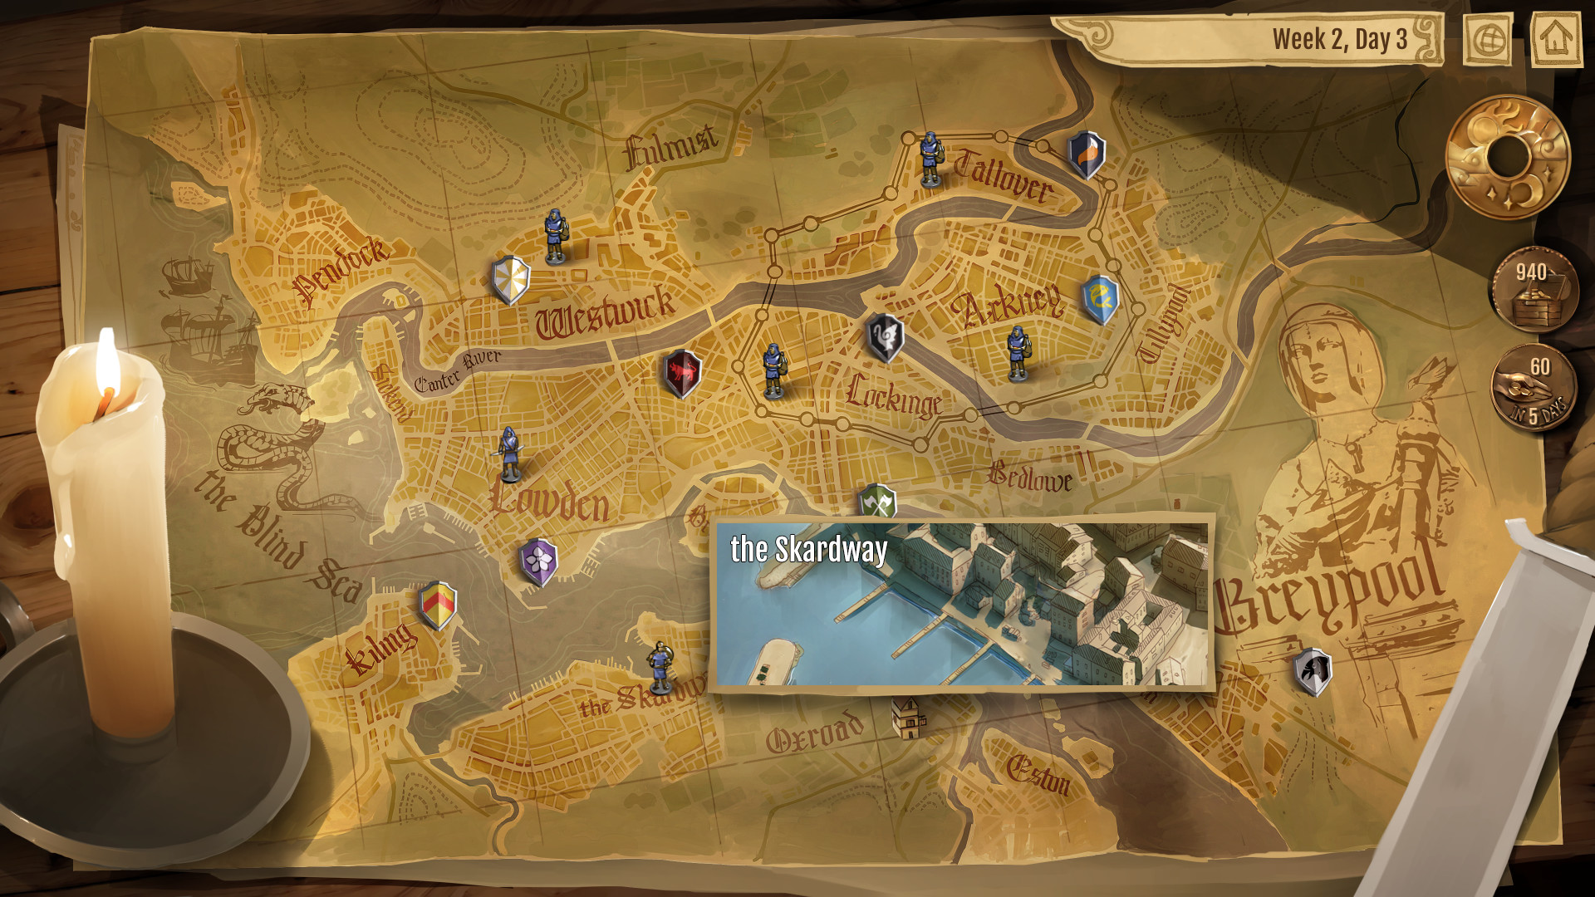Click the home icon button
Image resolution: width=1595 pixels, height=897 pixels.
(1555, 38)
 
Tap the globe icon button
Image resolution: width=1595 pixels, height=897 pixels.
(1488, 38)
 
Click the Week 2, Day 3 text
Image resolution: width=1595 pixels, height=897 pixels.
(1339, 39)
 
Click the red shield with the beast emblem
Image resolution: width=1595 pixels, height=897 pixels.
(683, 373)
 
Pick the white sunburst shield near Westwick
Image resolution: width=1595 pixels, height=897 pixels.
(510, 280)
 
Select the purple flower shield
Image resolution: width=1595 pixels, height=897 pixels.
(539, 561)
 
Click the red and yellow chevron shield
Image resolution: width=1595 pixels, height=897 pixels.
(438, 605)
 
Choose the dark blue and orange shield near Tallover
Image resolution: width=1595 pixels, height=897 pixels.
(1086, 154)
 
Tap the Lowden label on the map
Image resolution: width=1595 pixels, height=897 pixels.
(550, 500)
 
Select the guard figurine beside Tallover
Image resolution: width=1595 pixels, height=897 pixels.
(930, 159)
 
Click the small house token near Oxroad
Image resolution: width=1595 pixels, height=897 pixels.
(907, 718)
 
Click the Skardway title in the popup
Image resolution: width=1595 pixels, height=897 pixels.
(808, 550)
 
